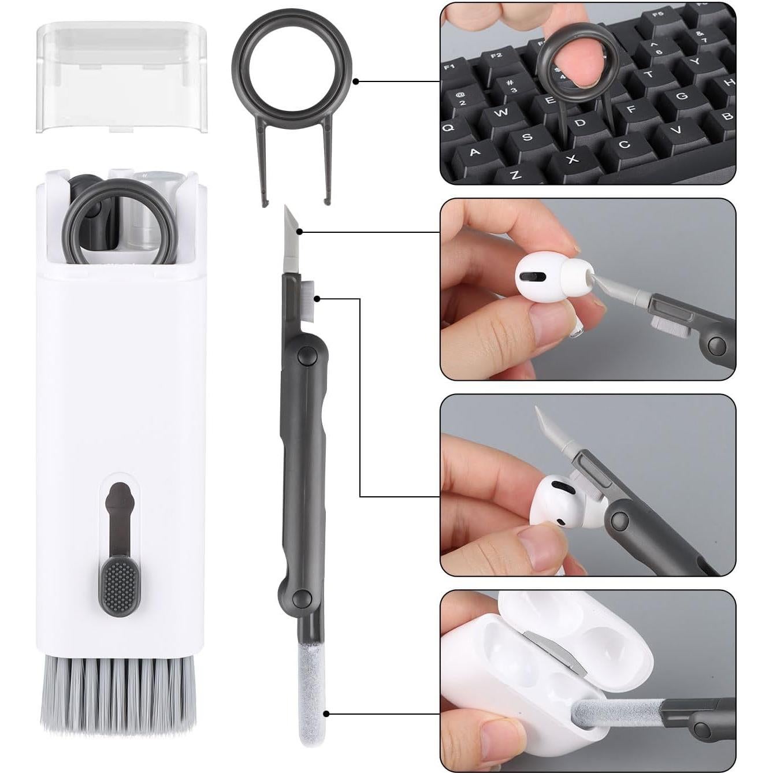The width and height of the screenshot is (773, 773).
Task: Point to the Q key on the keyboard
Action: coord(449,127)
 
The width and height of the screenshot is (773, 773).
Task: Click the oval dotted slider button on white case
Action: coord(120,586)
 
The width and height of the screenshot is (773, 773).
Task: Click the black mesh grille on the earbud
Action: coord(534,278)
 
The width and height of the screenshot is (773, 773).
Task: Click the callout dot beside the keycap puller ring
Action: coord(356,81)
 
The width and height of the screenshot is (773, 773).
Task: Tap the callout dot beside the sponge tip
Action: coord(327,714)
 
